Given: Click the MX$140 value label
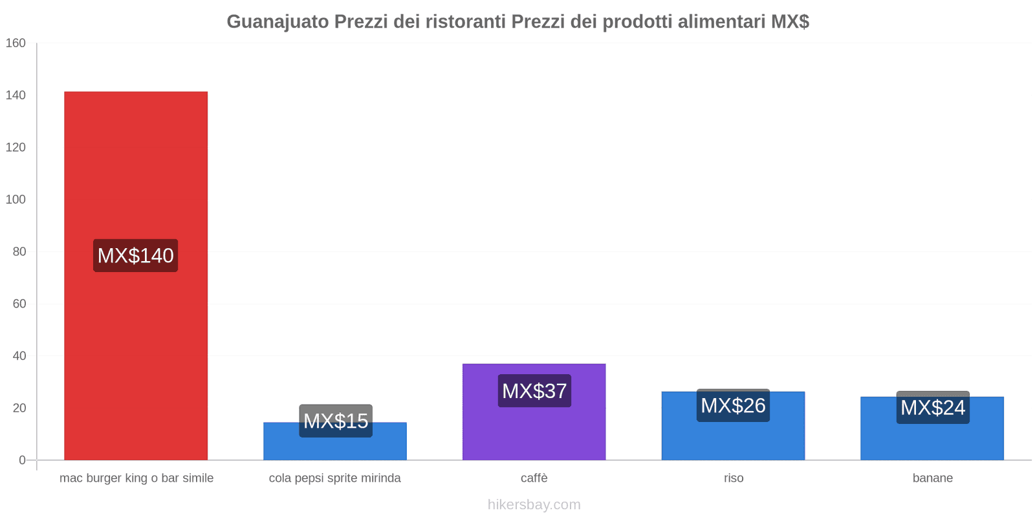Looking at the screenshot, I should (136, 256).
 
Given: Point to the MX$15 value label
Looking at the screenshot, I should (336, 421).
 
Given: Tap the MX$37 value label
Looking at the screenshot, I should (534, 391).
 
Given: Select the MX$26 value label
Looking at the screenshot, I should (733, 406).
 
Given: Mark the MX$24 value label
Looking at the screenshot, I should (933, 408).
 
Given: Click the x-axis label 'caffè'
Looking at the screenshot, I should (534, 478).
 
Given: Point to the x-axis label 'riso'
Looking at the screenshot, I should (734, 478).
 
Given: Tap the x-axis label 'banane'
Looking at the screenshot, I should (933, 478).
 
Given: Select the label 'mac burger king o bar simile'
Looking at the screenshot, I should (136, 478).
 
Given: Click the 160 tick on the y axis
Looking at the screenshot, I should (16, 43).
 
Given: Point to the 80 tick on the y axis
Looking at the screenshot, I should (19, 252).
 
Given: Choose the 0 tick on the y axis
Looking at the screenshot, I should (23, 460).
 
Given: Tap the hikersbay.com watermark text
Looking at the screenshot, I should (534, 505).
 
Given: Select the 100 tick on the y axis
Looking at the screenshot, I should (16, 200).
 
